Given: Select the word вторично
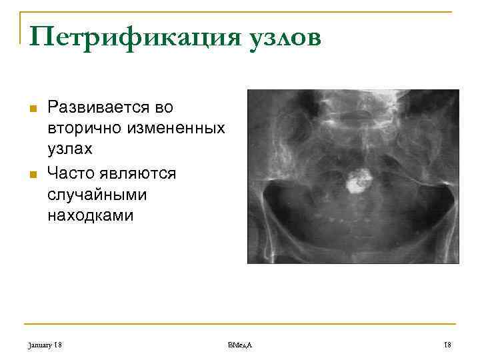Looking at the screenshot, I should pos(79,127).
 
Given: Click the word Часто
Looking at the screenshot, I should pos(71,173).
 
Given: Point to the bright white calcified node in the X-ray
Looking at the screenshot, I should pos(359,179).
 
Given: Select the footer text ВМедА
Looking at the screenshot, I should pos(240,344).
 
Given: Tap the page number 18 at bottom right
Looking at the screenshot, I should pos(447,344).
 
